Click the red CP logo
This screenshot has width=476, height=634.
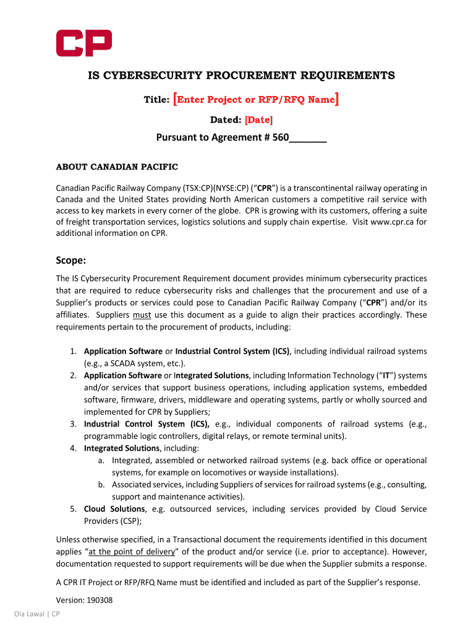click(84, 43)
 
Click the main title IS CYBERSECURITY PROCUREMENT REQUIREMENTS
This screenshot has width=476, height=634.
click(239, 76)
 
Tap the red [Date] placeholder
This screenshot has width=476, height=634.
click(258, 119)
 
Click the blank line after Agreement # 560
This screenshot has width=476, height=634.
click(308, 138)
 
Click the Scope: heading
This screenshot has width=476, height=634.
click(71, 261)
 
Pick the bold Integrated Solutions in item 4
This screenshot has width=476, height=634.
click(122, 448)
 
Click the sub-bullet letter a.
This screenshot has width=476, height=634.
click(100, 461)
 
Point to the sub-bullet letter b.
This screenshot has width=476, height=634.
click(100, 485)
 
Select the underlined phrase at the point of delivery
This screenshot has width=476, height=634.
click(132, 552)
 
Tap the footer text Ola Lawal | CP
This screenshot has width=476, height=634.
click(37, 614)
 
